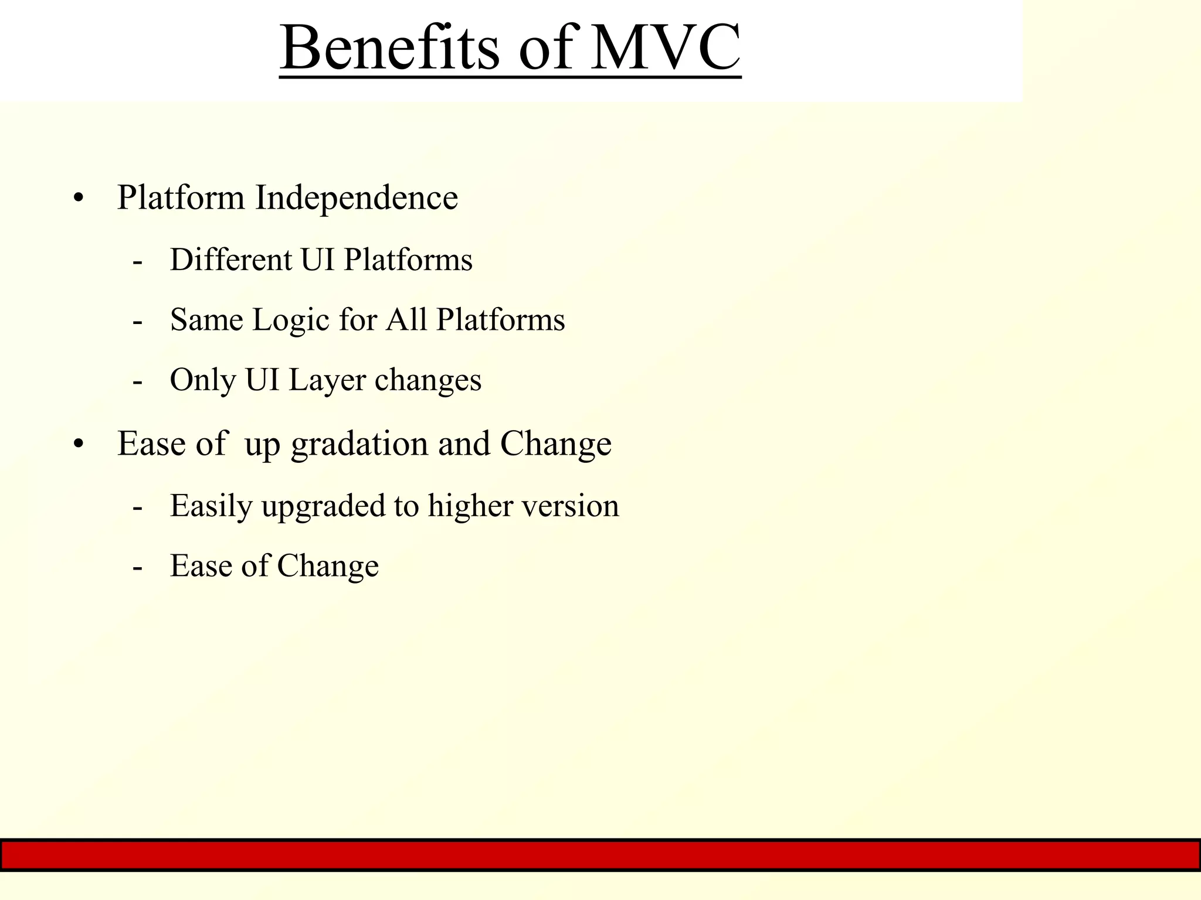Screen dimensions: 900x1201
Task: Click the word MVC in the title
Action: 666,48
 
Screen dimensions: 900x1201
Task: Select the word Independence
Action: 356,198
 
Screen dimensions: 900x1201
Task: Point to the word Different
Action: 230,260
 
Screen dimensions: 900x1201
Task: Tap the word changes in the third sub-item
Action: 428,381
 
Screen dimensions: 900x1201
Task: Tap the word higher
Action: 470,506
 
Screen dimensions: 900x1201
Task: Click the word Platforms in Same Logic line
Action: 500,321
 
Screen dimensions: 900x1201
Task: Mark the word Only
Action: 202,381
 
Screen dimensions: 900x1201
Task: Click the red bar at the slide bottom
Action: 600,855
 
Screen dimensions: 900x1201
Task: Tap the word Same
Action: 206,321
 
